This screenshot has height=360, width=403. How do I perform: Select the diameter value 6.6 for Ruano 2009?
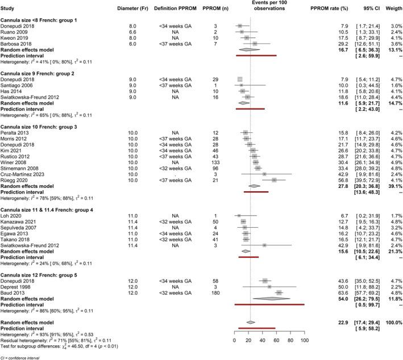click(x=132, y=32)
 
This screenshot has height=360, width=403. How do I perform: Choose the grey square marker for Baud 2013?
click(x=279, y=292)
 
